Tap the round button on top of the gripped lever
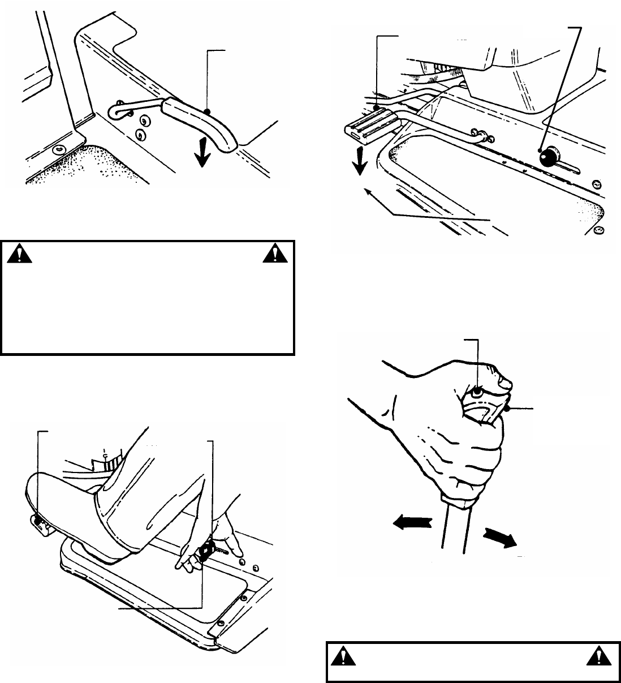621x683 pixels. tap(477, 390)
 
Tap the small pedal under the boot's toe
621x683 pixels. tap(37, 523)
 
